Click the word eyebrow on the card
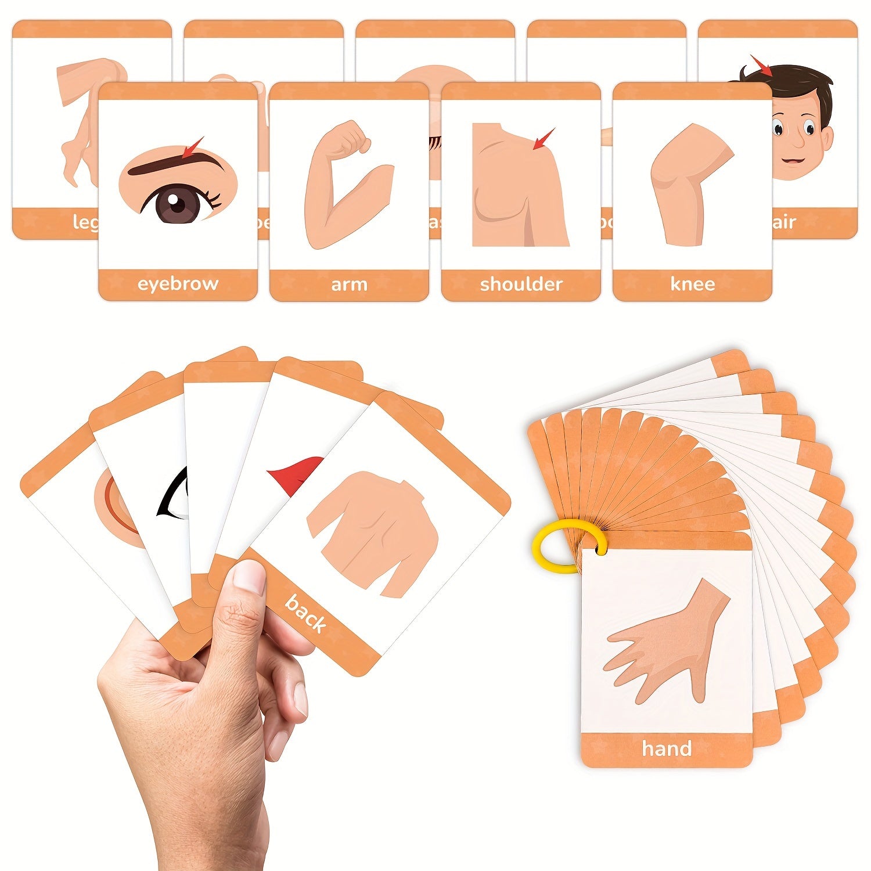click(x=178, y=284)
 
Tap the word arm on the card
click(x=349, y=285)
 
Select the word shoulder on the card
click(x=521, y=284)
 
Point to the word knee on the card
click(x=692, y=284)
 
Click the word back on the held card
click(x=305, y=613)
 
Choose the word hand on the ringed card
click(x=667, y=748)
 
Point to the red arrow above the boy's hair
click(x=761, y=66)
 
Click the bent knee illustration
click(x=688, y=192)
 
